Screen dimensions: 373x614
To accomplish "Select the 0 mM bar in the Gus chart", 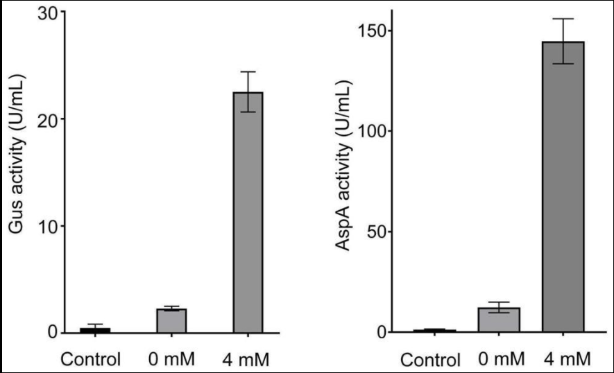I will (171, 321).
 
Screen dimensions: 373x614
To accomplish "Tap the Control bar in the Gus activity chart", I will (94, 330).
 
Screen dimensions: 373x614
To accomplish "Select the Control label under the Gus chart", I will (91, 359).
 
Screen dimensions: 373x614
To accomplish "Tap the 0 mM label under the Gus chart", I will (171, 359).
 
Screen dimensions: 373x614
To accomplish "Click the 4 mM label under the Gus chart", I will (247, 359).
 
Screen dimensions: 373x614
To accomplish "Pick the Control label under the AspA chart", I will (431, 361).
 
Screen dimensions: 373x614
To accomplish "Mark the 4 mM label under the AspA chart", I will (568, 359).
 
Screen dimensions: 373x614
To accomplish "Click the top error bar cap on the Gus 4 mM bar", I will (248, 71).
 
